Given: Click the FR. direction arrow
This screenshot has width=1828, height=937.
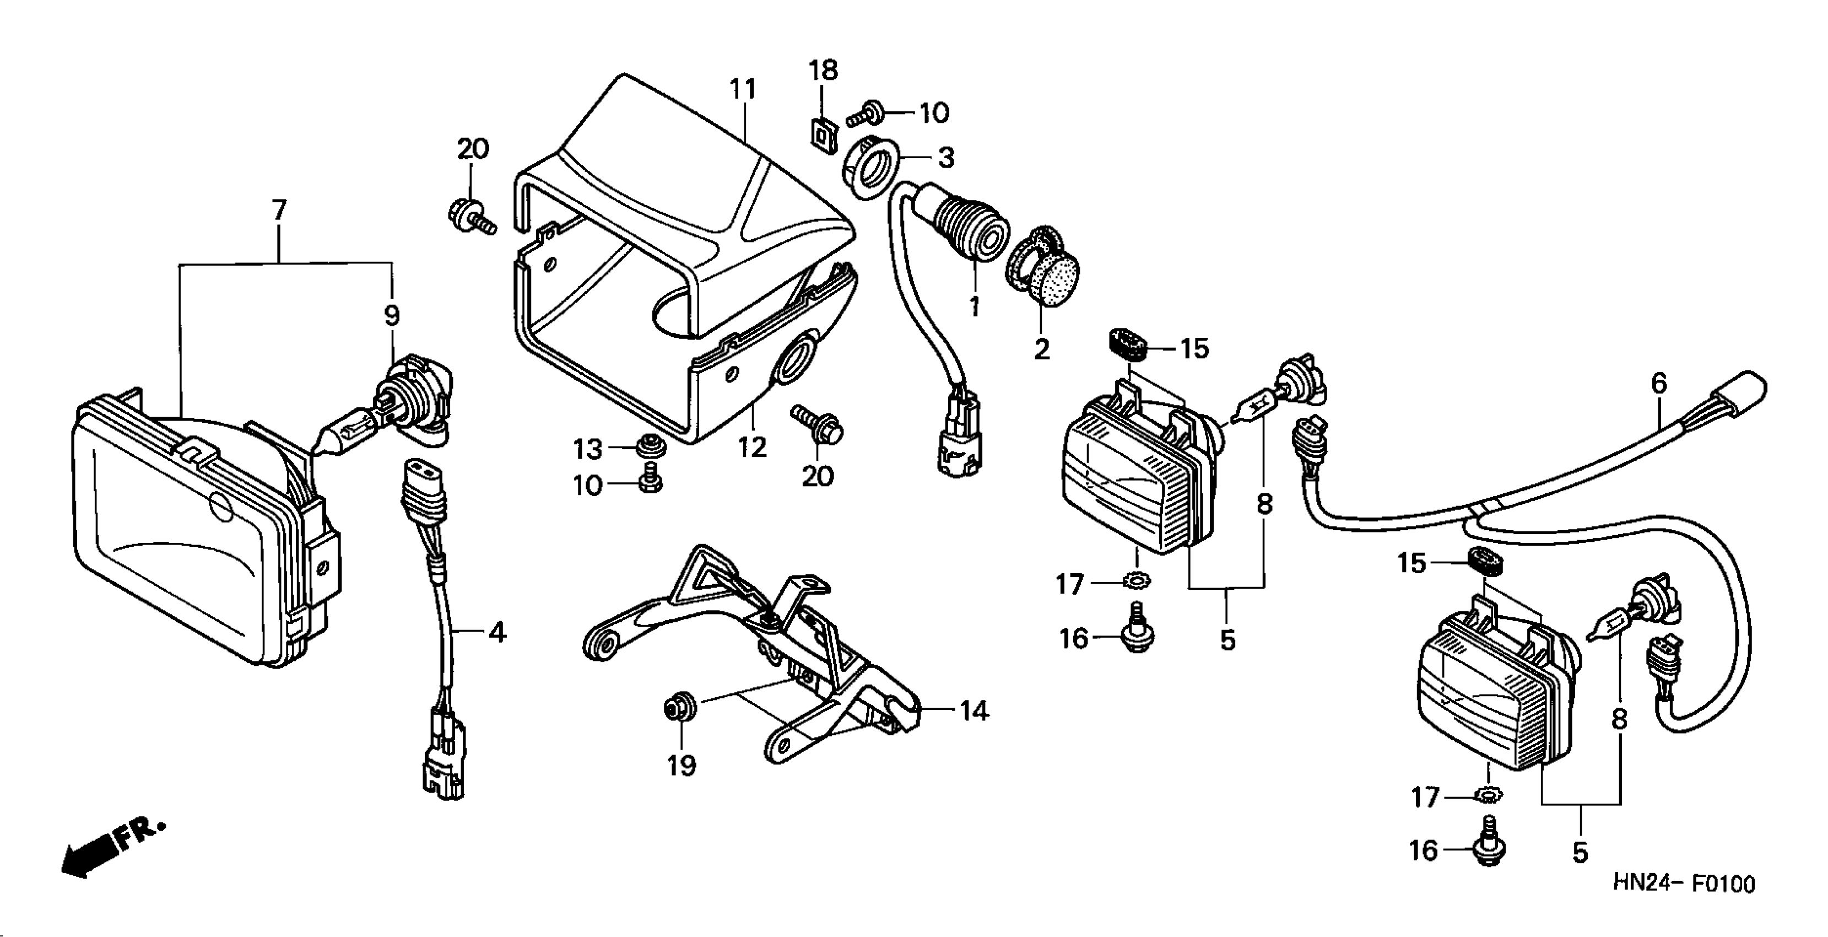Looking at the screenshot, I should tap(113, 850).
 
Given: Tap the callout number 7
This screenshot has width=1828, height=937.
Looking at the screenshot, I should tap(279, 210).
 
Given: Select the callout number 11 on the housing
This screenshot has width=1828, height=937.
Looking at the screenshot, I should tap(743, 89).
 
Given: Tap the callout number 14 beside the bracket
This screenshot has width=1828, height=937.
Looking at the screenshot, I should tap(974, 710).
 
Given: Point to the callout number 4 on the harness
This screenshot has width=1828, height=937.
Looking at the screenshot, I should tap(497, 632).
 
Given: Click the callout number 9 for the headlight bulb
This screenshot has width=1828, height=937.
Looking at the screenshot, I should tap(392, 315).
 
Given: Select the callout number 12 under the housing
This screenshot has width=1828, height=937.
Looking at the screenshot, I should tap(752, 447).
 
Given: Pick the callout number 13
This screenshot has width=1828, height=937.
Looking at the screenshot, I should tap(587, 449).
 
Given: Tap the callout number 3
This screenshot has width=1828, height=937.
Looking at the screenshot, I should tap(946, 158).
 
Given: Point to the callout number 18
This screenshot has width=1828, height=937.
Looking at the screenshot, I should tap(823, 71).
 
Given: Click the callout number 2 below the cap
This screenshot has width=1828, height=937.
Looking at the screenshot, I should tap(1042, 349).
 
